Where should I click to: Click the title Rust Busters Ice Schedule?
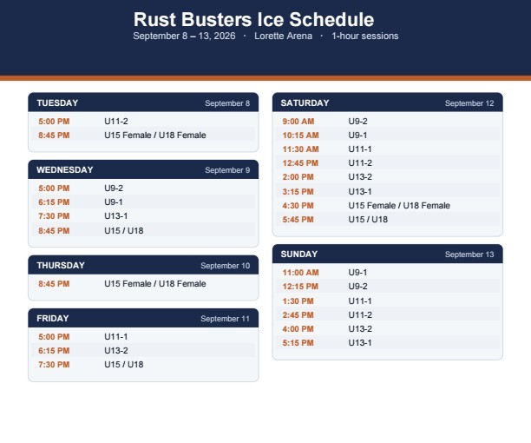253,19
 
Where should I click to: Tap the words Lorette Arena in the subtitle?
283,36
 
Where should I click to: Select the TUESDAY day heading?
57,103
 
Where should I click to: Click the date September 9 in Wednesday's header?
227,170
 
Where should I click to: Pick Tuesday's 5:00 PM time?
54,122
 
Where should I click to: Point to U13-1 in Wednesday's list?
115,216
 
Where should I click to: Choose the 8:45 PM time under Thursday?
54,284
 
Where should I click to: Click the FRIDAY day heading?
53,319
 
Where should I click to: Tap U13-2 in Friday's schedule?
116,350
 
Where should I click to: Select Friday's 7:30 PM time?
54,364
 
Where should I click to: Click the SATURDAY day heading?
305,103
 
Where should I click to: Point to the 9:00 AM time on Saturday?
298,122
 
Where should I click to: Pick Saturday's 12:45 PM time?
300,163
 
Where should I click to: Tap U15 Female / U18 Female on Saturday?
399,205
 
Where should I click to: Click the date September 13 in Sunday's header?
469,255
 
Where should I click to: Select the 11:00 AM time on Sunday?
301,273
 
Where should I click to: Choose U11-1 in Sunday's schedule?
360,301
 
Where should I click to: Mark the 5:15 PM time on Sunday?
298,342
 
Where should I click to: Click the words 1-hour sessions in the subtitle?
365,36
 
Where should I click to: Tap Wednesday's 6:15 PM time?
54,202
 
